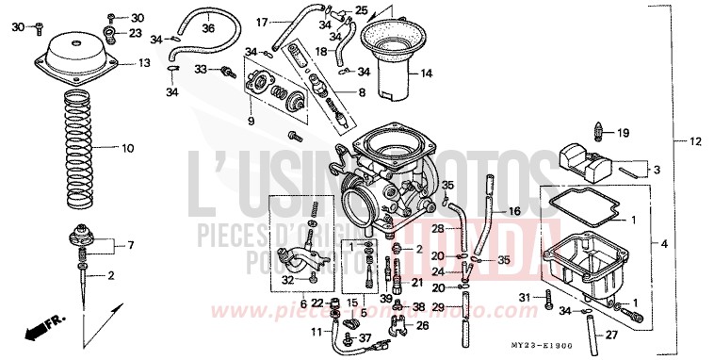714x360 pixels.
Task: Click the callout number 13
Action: [x=144, y=63]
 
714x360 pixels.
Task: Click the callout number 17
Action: [x=262, y=20]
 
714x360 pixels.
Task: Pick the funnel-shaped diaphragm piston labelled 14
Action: [x=386, y=62]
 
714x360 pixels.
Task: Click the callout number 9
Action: [x=250, y=122]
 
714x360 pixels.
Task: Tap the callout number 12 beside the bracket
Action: [x=695, y=142]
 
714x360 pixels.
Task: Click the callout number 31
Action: [x=526, y=299]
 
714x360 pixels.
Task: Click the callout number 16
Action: [x=513, y=211]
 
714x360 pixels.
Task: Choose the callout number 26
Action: [x=421, y=326]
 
